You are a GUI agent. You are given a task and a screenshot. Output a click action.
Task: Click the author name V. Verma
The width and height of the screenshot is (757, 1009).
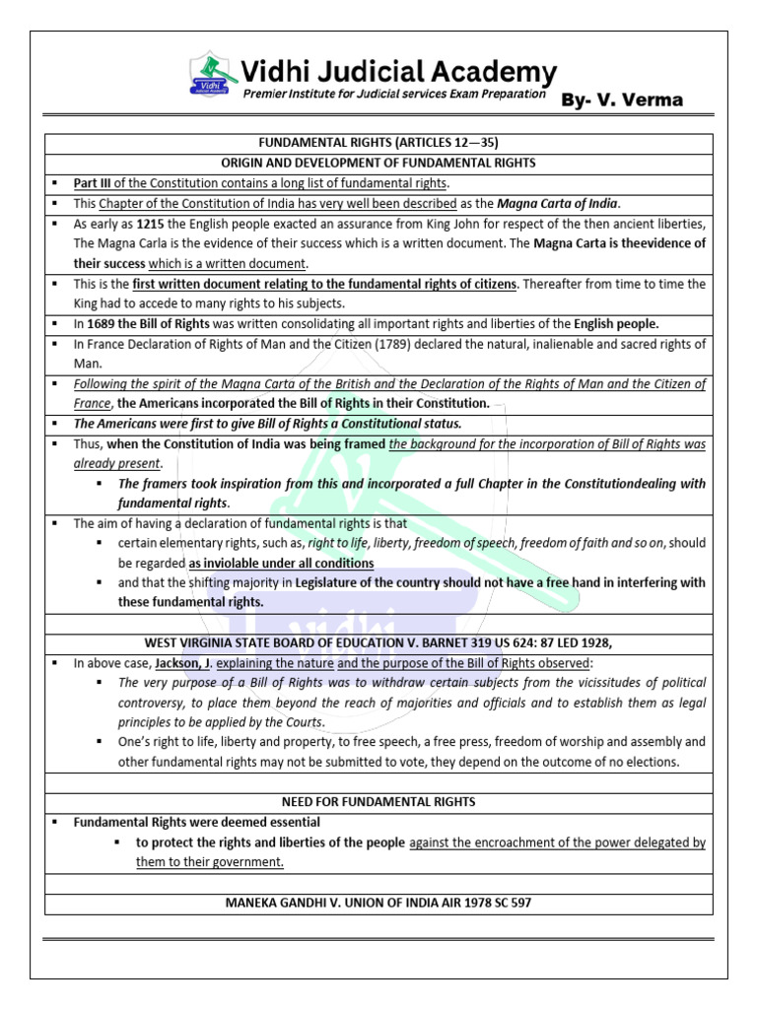coord(621,100)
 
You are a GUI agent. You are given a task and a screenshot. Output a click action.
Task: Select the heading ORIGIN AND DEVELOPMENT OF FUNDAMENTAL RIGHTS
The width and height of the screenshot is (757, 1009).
coord(378,163)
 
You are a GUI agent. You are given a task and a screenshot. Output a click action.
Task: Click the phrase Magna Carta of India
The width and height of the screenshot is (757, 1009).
coord(557,203)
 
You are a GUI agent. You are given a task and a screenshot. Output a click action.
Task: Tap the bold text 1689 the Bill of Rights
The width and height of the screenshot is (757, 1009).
coord(154,323)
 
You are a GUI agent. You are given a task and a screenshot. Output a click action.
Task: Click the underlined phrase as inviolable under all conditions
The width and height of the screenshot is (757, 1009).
coord(281,563)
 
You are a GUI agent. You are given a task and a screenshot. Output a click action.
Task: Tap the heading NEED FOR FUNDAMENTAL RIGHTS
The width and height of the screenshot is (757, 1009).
coord(378,802)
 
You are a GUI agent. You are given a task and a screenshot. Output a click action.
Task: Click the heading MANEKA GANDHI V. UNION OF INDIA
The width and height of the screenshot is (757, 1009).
coord(378,902)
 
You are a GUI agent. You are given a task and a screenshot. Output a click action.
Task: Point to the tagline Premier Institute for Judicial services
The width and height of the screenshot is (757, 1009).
coord(394,95)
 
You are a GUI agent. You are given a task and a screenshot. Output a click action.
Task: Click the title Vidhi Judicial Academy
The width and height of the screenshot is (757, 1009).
coord(399,71)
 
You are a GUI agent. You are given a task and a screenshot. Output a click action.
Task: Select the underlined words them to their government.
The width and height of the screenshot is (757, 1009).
coord(210,861)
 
